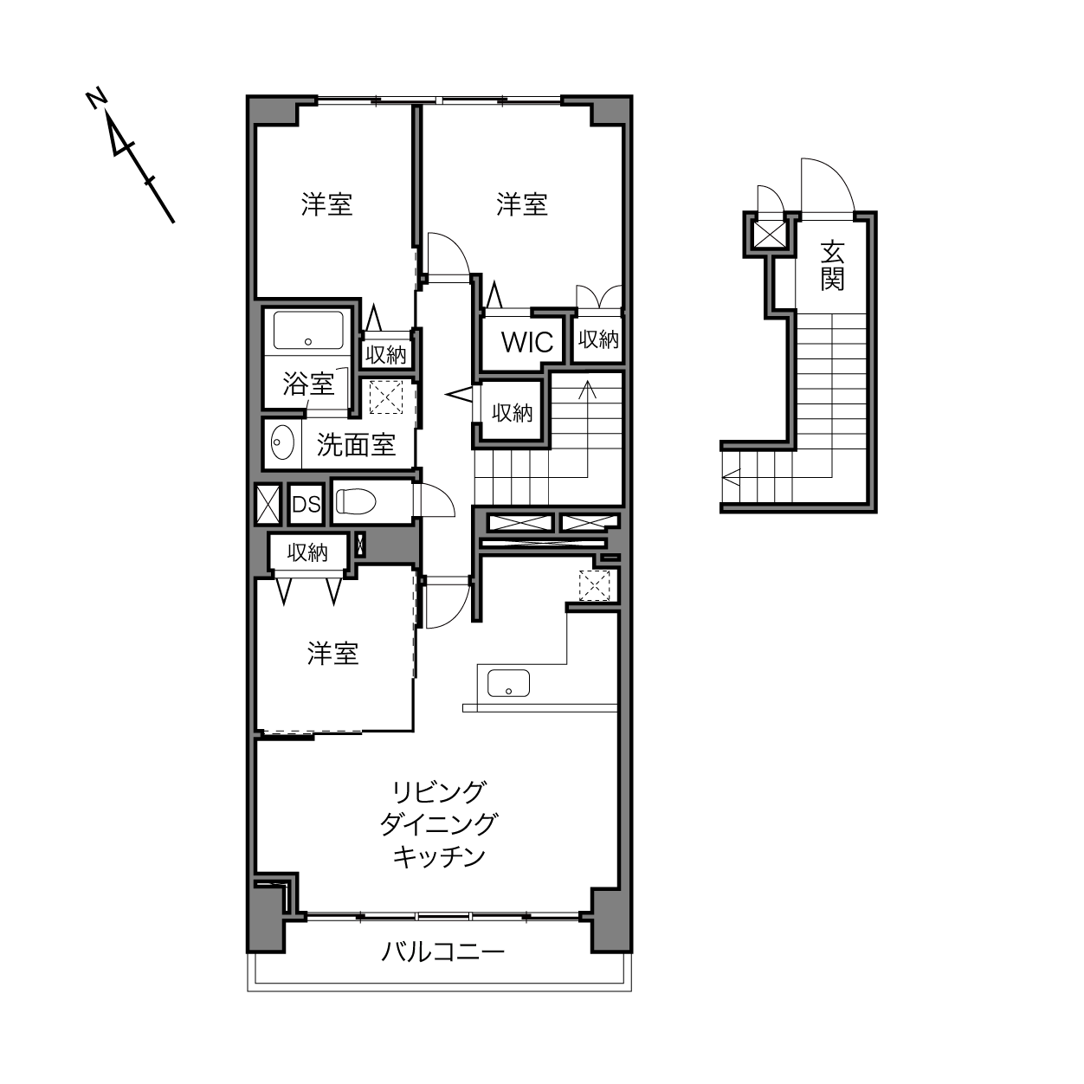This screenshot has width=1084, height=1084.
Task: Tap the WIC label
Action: pyautogui.click(x=527, y=342)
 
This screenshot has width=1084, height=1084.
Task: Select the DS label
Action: pyautogui.click(x=306, y=505)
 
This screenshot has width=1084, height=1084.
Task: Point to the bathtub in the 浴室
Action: pyautogui.click(x=308, y=330)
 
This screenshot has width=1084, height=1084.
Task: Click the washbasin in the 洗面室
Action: pyautogui.click(x=282, y=442)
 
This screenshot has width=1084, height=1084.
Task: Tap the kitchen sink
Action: pyautogui.click(x=508, y=683)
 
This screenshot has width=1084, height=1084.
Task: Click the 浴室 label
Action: pyautogui.click(x=308, y=384)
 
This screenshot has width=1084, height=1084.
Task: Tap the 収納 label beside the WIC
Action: pyautogui.click(x=598, y=339)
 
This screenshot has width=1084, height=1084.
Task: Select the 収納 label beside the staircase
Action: pyautogui.click(x=512, y=413)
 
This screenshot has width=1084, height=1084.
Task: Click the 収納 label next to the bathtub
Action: pyautogui.click(x=386, y=354)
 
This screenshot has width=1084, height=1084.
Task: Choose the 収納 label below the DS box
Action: pyautogui.click(x=307, y=553)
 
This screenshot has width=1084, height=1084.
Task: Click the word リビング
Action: pyautogui.click(x=438, y=792)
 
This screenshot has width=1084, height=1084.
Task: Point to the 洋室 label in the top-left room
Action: pyautogui.click(x=326, y=204)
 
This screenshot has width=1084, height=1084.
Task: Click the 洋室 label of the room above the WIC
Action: pyautogui.click(x=522, y=204)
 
